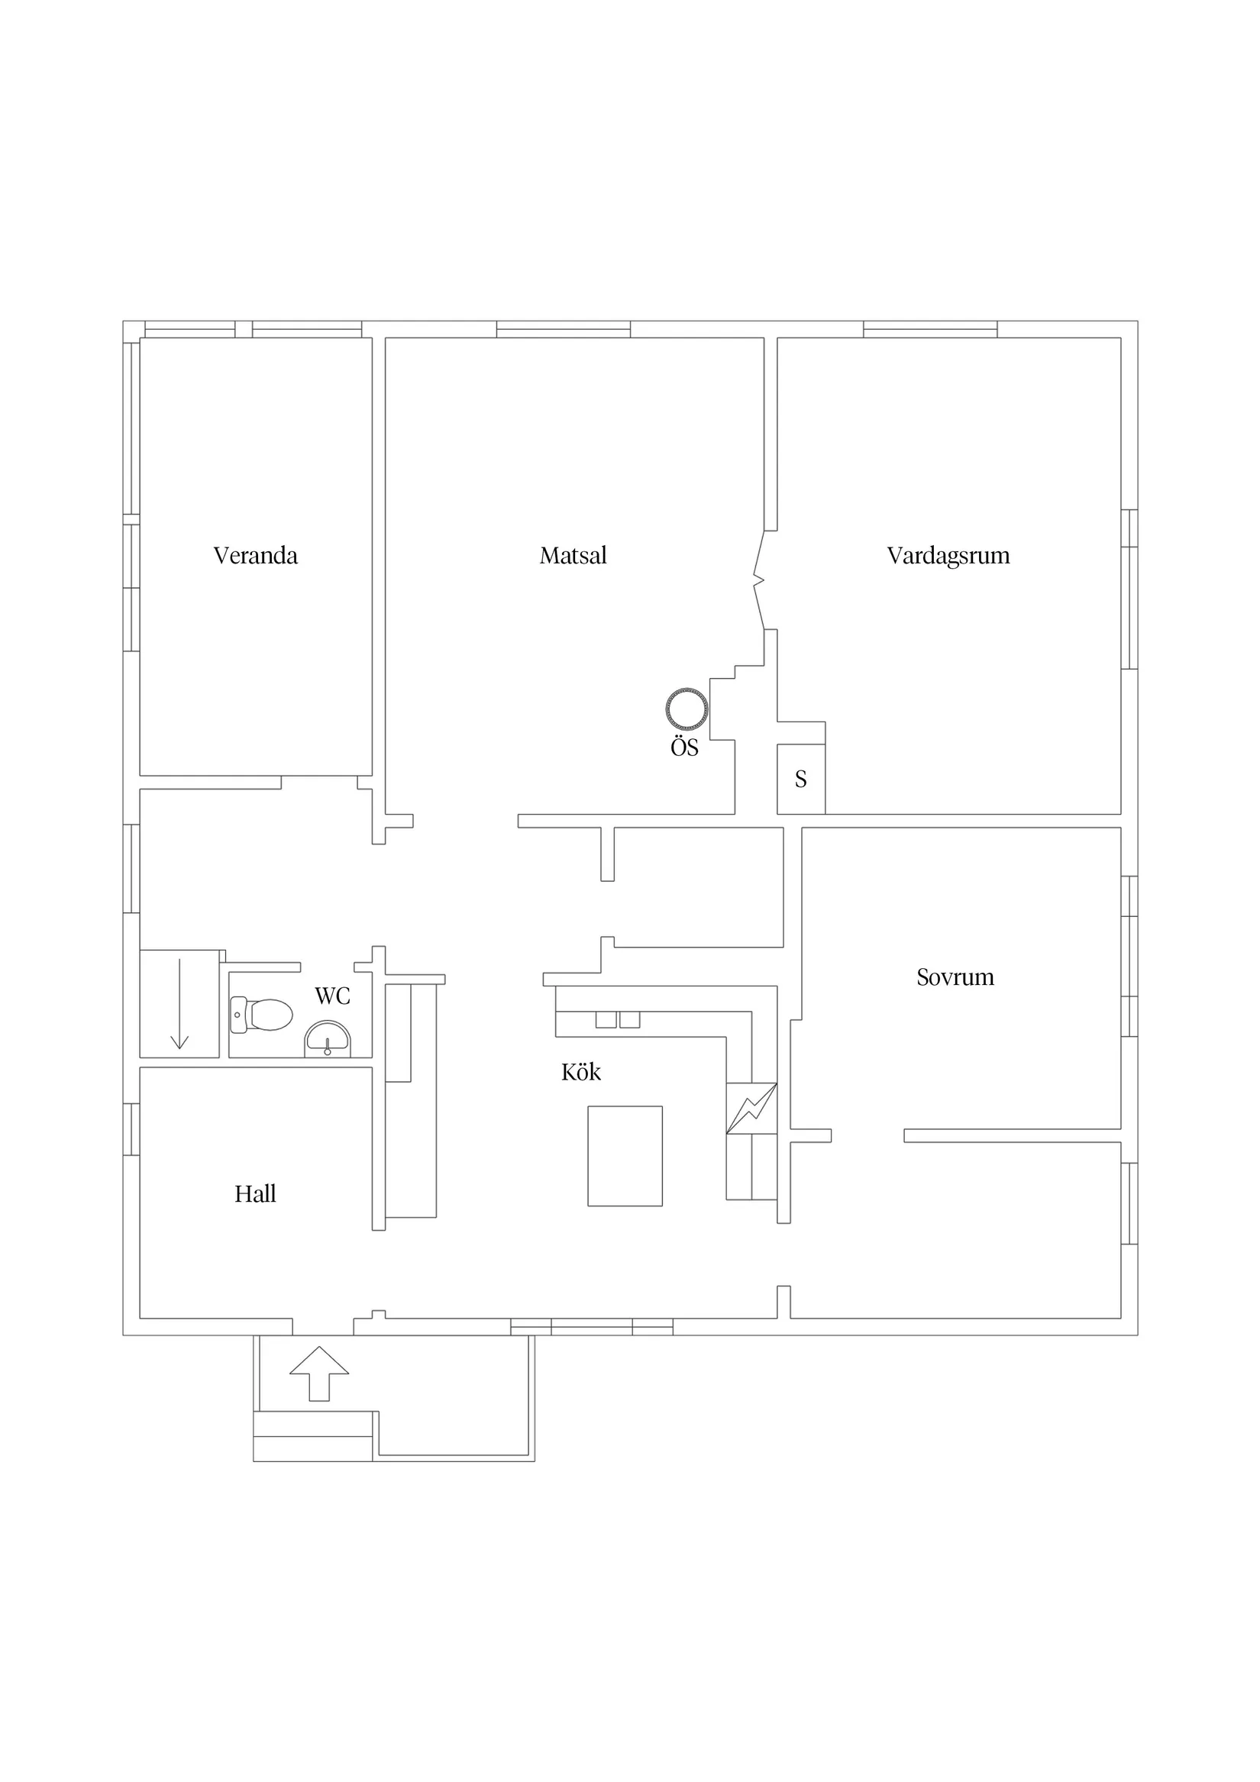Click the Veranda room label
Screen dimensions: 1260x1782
[x=255, y=556]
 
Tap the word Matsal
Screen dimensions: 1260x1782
[x=573, y=556]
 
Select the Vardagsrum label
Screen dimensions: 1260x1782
[x=948, y=556]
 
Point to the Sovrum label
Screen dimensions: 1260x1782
[x=955, y=977]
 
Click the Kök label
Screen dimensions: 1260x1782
[x=580, y=1072]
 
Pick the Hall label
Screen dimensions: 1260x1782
[x=255, y=1193]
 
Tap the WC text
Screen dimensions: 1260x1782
[x=332, y=996]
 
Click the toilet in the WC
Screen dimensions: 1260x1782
[x=262, y=1015]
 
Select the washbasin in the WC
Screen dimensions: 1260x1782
[x=328, y=1038]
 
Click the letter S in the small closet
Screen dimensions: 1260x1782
[x=800, y=780]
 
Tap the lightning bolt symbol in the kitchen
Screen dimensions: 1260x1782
[x=751, y=1109]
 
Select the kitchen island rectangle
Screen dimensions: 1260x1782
[x=625, y=1157]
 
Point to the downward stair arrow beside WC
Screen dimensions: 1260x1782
[x=179, y=1003]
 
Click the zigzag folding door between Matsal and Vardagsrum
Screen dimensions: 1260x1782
[x=759, y=579]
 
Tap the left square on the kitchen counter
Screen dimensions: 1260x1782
[x=606, y=1019]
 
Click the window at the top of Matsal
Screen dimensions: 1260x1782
[x=564, y=329]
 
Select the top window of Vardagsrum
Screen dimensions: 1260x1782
[x=931, y=329]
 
